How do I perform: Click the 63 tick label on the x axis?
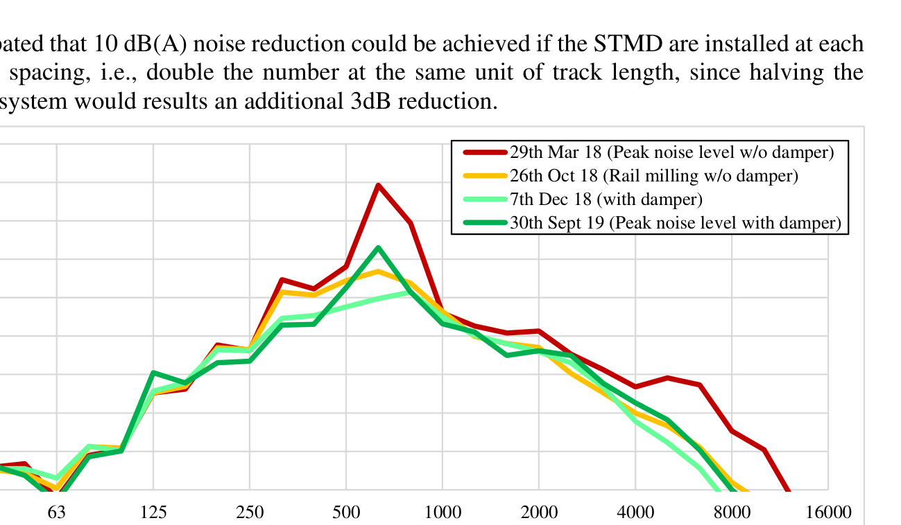pyautogui.click(x=57, y=513)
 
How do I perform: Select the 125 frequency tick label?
pyautogui.click(x=153, y=513)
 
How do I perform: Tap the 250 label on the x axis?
pyautogui.click(x=250, y=513)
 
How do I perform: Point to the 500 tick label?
pyautogui.click(x=346, y=513)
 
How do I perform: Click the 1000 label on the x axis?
pyautogui.click(x=443, y=513)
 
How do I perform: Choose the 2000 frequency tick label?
pyautogui.click(x=539, y=513)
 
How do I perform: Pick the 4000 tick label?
pyautogui.click(x=635, y=513)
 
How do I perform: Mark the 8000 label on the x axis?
pyautogui.click(x=732, y=513)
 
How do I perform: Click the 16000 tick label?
pyautogui.click(x=828, y=513)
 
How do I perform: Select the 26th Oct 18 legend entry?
pyautogui.click(x=654, y=176)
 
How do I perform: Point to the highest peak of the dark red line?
pyautogui.click(x=378, y=185)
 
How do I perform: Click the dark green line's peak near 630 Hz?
pyautogui.click(x=378, y=248)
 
